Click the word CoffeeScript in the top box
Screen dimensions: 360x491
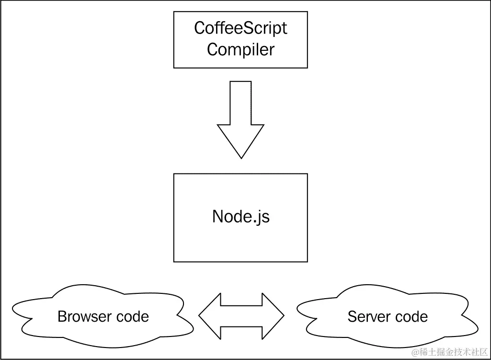[240, 28]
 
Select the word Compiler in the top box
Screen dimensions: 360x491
[240, 49]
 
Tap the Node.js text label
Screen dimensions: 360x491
[240, 217]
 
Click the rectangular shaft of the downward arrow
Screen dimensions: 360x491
[240, 103]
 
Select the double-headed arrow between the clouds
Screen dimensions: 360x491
[241, 315]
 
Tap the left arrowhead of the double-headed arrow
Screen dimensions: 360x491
[208, 315]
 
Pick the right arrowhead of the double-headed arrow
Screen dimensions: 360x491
[274, 315]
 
